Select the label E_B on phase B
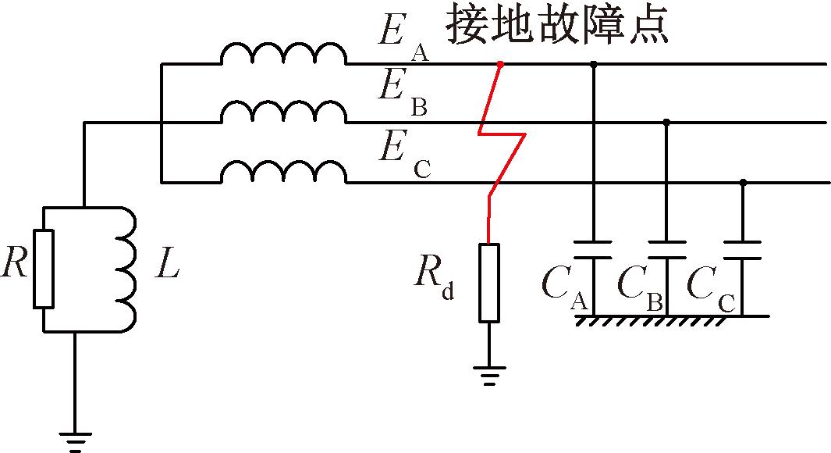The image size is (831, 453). tap(401, 92)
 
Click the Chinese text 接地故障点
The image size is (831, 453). tap(557, 27)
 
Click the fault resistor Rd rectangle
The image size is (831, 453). tap(489, 283)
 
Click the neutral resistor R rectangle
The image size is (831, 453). tap(44, 268)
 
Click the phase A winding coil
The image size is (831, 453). tap(282, 55)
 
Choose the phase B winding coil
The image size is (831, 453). tap(282, 114)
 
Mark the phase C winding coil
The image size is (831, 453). tap(282, 173)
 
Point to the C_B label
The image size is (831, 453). tap(640, 289)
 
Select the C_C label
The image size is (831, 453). tap(711, 289)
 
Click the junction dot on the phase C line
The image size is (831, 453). tap(742, 183)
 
